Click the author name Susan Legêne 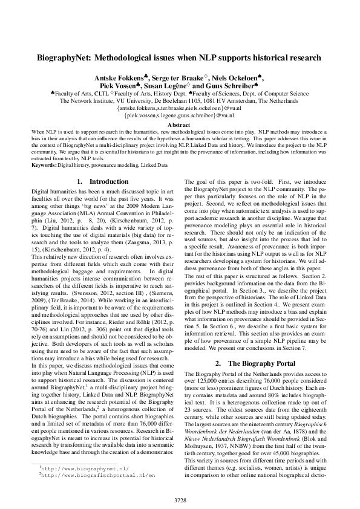coord(169,87)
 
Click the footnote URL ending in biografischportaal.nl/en coord(85,475)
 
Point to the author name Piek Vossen coord(122,87)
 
